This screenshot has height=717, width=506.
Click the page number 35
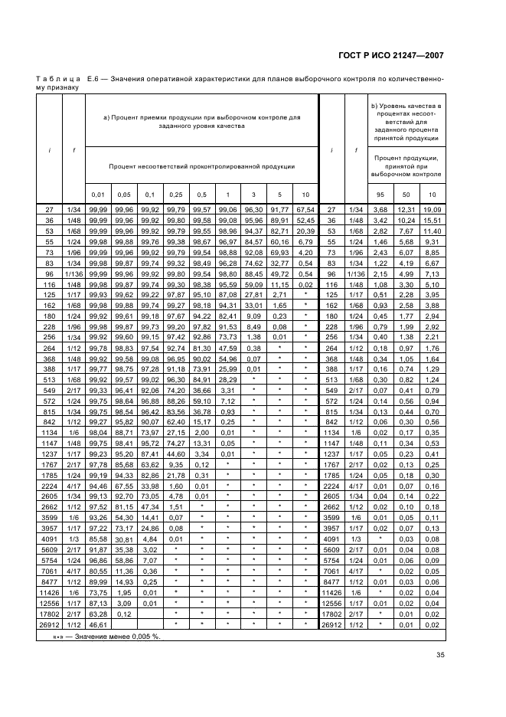coord(439,654)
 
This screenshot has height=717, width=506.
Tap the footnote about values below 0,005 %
coord(102,636)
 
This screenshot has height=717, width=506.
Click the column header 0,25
coord(176,195)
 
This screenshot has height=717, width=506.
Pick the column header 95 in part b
coord(380,195)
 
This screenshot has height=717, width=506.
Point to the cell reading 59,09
coord(254,283)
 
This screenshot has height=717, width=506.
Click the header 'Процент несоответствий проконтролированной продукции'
coord(202,165)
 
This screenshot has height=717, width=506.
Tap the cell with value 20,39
coord(306,230)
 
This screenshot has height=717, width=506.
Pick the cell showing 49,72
coord(280,272)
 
